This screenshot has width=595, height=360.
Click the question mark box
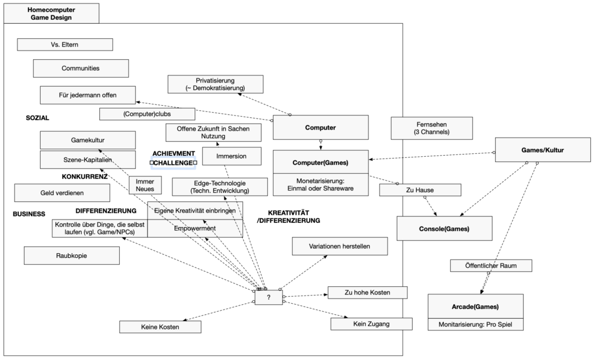pos(268,297)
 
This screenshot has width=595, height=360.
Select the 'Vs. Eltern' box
pos(64,45)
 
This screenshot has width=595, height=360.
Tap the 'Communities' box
pos(80,68)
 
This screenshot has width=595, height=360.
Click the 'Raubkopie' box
pos(72,255)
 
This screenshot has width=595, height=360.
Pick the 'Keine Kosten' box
pos(160,327)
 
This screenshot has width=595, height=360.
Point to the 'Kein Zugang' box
pos(371,323)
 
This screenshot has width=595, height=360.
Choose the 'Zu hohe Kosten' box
pos(367,292)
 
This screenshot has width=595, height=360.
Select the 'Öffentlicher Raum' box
pos(492,265)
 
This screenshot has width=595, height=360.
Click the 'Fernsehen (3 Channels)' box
pos(429,128)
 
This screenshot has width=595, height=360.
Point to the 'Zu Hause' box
pos(420,190)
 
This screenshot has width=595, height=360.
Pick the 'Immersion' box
pos(231,156)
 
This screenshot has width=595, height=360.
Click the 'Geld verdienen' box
pos(63,193)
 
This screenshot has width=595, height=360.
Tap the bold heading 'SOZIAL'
pos(38,118)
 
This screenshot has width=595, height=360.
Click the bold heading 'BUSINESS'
pos(29,214)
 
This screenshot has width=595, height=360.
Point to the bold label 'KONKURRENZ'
pos(85,176)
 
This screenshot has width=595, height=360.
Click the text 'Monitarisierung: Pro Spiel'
pos(475,325)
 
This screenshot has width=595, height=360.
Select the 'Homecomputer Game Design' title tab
pos(51,13)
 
